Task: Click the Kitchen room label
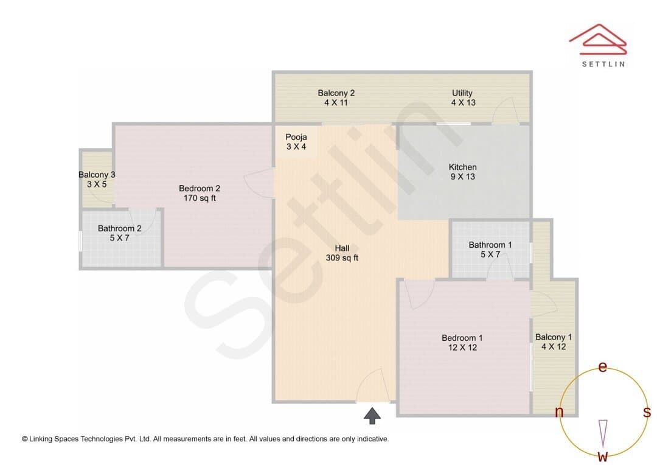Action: (x=462, y=172)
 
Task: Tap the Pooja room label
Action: (x=296, y=142)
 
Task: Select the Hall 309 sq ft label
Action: (x=342, y=253)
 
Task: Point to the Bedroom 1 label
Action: (x=462, y=343)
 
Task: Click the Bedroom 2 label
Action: (x=200, y=194)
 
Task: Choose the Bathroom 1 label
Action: (x=490, y=250)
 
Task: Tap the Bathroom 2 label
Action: (x=119, y=233)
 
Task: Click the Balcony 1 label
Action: (x=554, y=341)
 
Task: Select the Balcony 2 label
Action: (x=336, y=98)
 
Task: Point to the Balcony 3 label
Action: (x=97, y=180)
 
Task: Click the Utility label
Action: (x=463, y=98)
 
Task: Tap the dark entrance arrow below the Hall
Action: (x=372, y=416)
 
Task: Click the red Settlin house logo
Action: (x=598, y=40)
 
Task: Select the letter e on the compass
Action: (x=602, y=367)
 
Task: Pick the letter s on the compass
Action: (x=647, y=412)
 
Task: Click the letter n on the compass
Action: (x=559, y=412)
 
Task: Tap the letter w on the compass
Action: (x=603, y=456)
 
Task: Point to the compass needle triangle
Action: (x=603, y=433)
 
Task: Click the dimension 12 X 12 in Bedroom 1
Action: (x=462, y=348)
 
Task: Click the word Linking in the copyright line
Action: (x=41, y=439)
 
